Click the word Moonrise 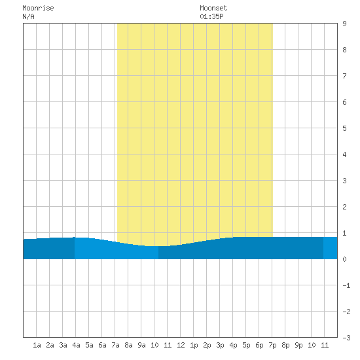coord(38,8)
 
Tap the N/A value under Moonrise coord(28,16)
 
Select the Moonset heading coord(213,8)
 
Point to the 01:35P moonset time coord(211,16)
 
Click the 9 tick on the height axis coord(344,24)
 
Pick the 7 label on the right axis coord(344,76)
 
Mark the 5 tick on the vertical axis coord(344,128)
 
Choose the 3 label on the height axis coord(344,181)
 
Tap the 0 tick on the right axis coord(344,259)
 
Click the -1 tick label coord(346,285)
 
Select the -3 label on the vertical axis coord(346,338)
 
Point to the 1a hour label coord(37,345)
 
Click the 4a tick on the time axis coord(76,345)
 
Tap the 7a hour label coord(115,345)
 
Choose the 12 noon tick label coord(181,345)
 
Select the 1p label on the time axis coord(194,345)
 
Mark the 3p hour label coord(220,345)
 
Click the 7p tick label coord(272,345)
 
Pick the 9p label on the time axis coord(298,345)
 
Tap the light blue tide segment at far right coord(331,248)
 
